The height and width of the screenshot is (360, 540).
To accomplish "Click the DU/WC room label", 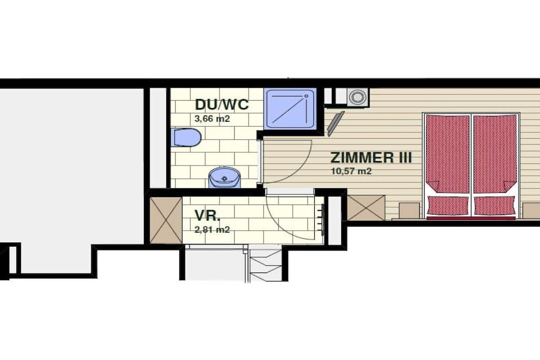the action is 221,104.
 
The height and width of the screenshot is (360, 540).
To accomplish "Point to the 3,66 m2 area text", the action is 212,119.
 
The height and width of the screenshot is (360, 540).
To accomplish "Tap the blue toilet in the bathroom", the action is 186,138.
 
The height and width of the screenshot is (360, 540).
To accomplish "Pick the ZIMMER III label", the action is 371,158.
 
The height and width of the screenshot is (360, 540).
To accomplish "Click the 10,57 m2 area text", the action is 351,171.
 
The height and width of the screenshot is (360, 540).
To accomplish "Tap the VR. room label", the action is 207,216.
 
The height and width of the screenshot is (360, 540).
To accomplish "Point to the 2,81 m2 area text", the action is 212,230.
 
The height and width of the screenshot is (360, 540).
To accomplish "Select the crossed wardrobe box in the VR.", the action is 166,220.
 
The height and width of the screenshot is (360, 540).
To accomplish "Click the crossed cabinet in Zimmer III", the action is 366,208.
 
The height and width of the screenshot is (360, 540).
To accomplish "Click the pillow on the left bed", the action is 447,206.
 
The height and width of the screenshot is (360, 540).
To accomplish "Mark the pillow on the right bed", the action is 495,206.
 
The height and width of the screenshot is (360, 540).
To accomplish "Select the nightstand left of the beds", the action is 409,211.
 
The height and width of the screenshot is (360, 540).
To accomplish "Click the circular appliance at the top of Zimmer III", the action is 357,96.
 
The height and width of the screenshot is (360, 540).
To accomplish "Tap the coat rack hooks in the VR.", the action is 322,220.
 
